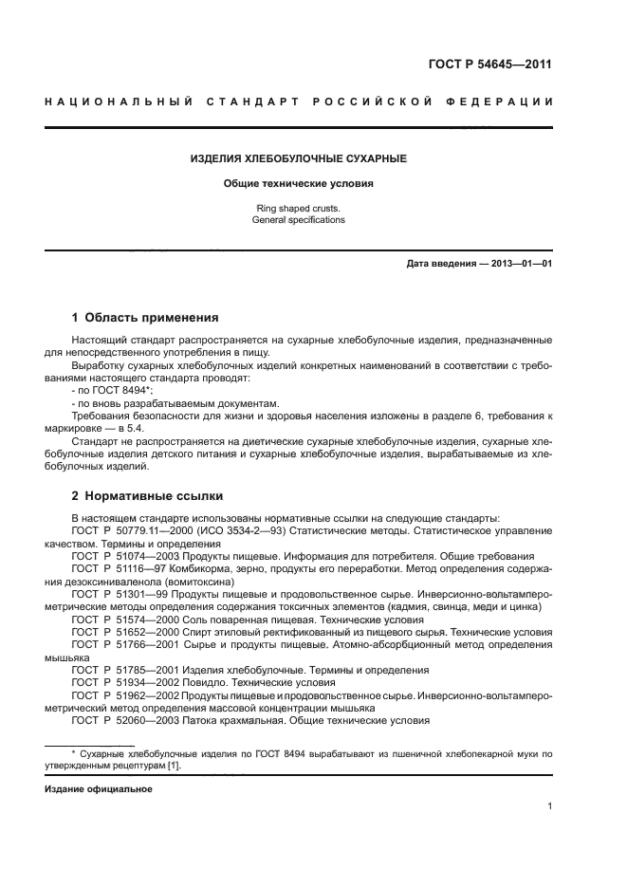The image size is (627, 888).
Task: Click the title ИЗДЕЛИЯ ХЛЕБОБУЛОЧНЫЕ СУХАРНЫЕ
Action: coord(298,157)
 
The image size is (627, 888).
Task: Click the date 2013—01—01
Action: coord(513,263)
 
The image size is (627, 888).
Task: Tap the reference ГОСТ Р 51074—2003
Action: coord(117,555)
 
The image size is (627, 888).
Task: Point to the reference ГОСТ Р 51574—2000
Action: coord(117,618)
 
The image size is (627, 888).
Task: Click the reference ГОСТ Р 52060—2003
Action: coord(117,719)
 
